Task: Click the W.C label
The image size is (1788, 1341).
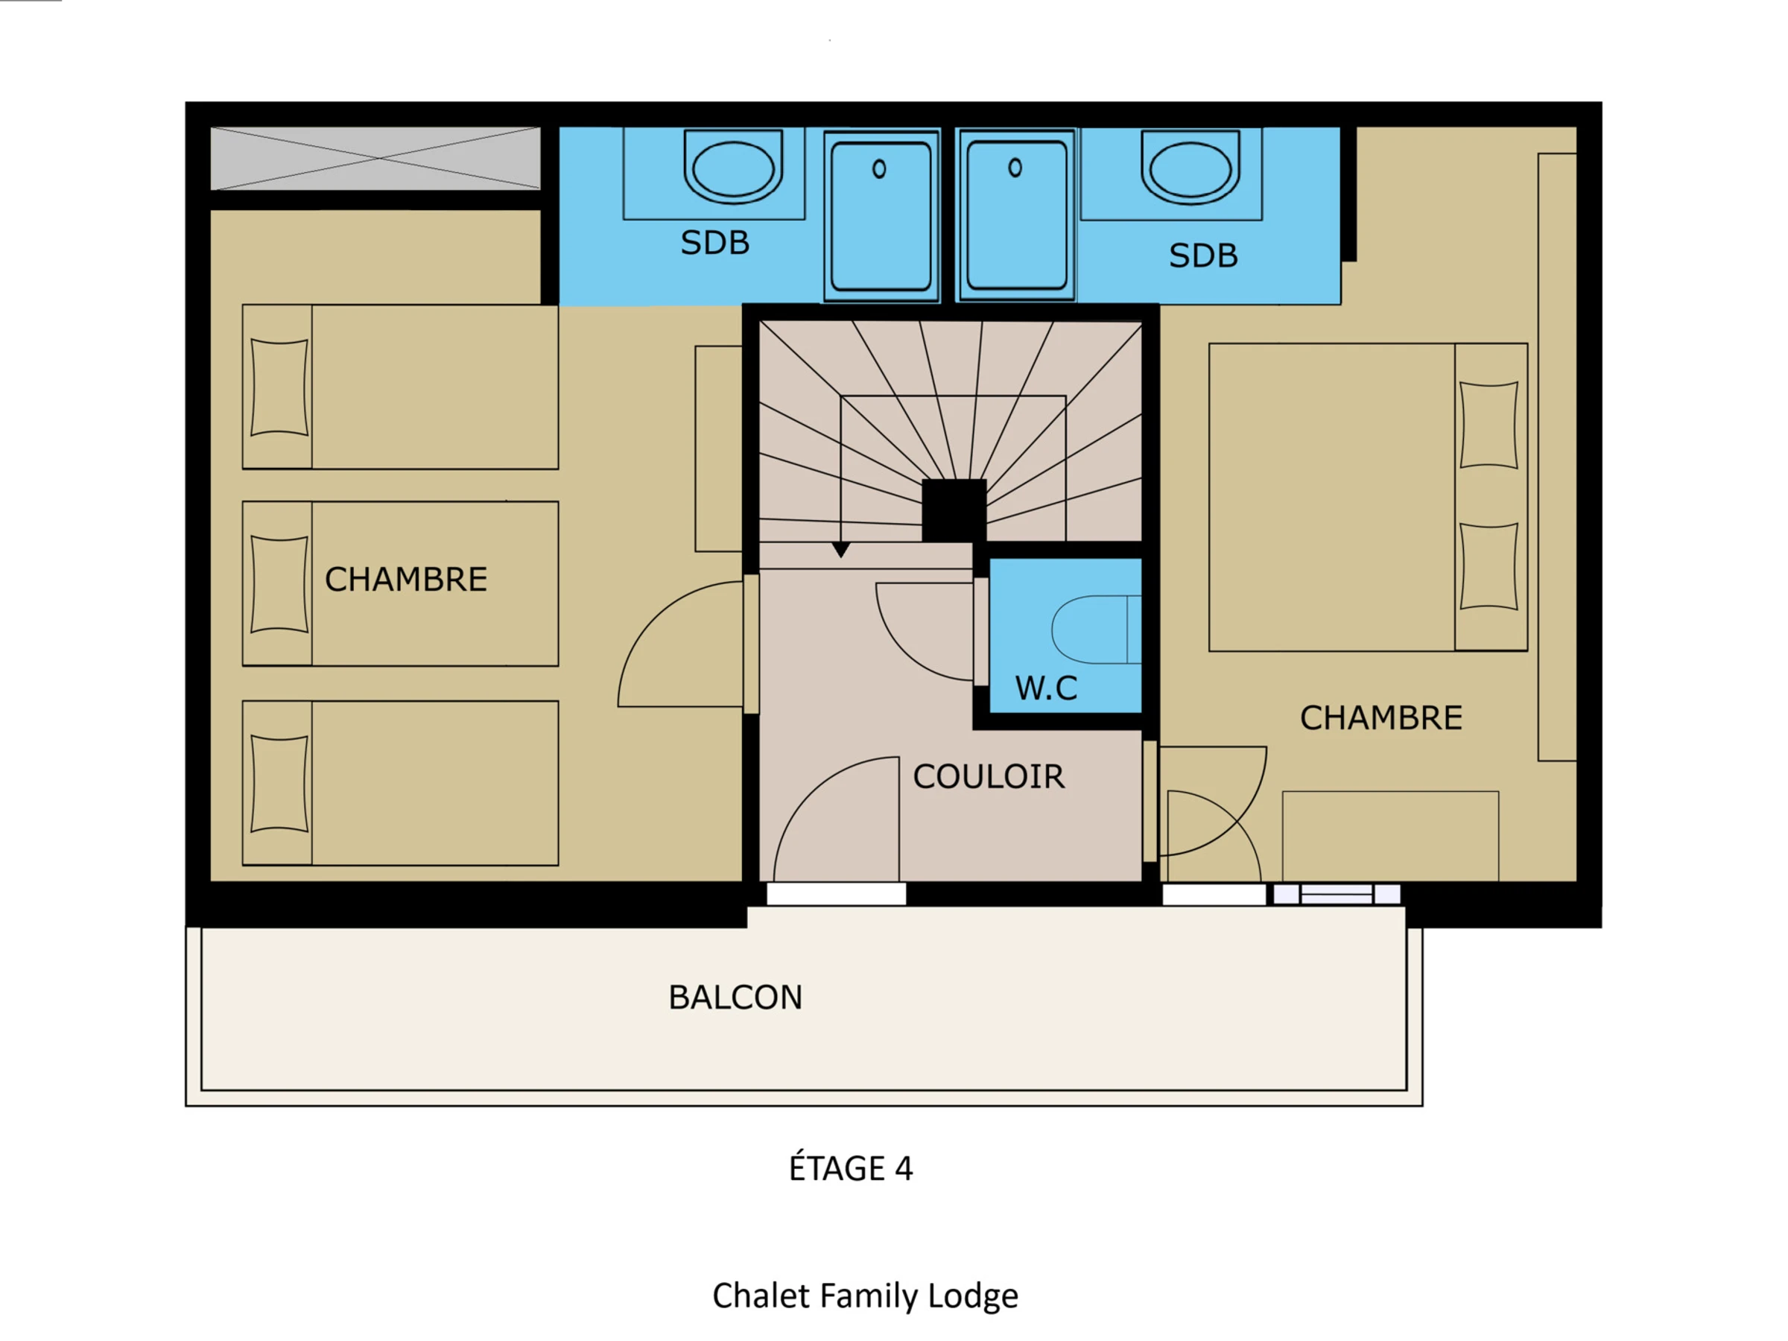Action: pyautogui.click(x=1046, y=688)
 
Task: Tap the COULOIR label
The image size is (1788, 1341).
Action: pyautogui.click(x=989, y=777)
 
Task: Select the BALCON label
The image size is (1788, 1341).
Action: pyautogui.click(x=735, y=998)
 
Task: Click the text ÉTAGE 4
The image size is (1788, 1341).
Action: pyautogui.click(x=851, y=1168)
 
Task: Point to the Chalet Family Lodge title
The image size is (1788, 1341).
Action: pyautogui.click(x=865, y=1296)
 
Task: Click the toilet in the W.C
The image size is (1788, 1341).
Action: pyautogui.click(x=1096, y=630)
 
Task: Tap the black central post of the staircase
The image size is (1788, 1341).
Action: pyautogui.click(x=954, y=510)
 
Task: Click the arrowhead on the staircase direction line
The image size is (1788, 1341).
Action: pyautogui.click(x=840, y=550)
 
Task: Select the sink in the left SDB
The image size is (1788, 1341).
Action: pyautogui.click(x=733, y=168)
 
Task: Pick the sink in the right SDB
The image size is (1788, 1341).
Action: pyautogui.click(x=1190, y=168)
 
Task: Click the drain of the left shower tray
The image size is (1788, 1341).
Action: pyautogui.click(x=879, y=169)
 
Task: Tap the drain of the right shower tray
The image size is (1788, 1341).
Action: pyautogui.click(x=1015, y=168)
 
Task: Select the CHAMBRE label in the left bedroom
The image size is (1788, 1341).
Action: pyautogui.click(x=406, y=580)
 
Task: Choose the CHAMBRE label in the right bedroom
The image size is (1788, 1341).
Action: pyautogui.click(x=1380, y=717)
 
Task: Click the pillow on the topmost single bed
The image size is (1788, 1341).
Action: pyautogui.click(x=279, y=387)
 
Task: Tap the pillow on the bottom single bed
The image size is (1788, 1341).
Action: pyautogui.click(x=279, y=784)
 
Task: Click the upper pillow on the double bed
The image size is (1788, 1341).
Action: pyautogui.click(x=1489, y=425)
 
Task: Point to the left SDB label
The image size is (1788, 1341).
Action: pyautogui.click(x=715, y=242)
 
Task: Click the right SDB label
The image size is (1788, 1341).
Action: pyautogui.click(x=1204, y=256)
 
